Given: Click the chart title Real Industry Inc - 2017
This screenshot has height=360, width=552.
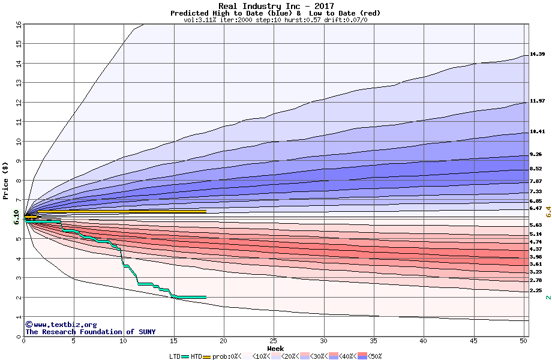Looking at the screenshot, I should pyautogui.click(x=276, y=6).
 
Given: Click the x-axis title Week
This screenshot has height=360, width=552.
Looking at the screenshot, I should pyautogui.click(x=275, y=348).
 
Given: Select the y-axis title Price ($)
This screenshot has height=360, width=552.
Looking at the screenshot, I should pyautogui.click(x=5, y=181).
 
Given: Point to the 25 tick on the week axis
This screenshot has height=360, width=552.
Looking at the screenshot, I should pyautogui.click(x=274, y=341).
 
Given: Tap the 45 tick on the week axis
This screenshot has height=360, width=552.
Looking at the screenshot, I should pyautogui.click(x=474, y=341).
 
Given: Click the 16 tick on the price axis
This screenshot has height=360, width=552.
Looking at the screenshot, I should pyautogui.click(x=19, y=24).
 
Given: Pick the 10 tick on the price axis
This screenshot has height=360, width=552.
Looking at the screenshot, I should pyautogui.click(x=19, y=142).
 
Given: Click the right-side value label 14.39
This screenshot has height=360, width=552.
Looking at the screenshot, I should pyautogui.click(x=537, y=55).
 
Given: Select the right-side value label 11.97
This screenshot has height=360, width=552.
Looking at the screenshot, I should pyautogui.click(x=537, y=101).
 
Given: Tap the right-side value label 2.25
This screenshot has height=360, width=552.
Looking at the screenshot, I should pyautogui.click(x=536, y=290).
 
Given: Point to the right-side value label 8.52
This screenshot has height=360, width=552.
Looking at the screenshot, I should pyautogui.click(x=536, y=169).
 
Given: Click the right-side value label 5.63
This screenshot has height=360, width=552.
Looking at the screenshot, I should pyautogui.click(x=536, y=225).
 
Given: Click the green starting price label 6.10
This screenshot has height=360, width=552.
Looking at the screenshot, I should pyautogui.click(x=16, y=217).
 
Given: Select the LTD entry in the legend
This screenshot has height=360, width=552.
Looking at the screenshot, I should pyautogui.click(x=175, y=356).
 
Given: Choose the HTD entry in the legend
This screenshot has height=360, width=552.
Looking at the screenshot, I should pyautogui.click(x=196, y=356).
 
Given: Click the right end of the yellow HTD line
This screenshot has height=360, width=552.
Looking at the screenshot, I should pyautogui.click(x=205, y=211).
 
